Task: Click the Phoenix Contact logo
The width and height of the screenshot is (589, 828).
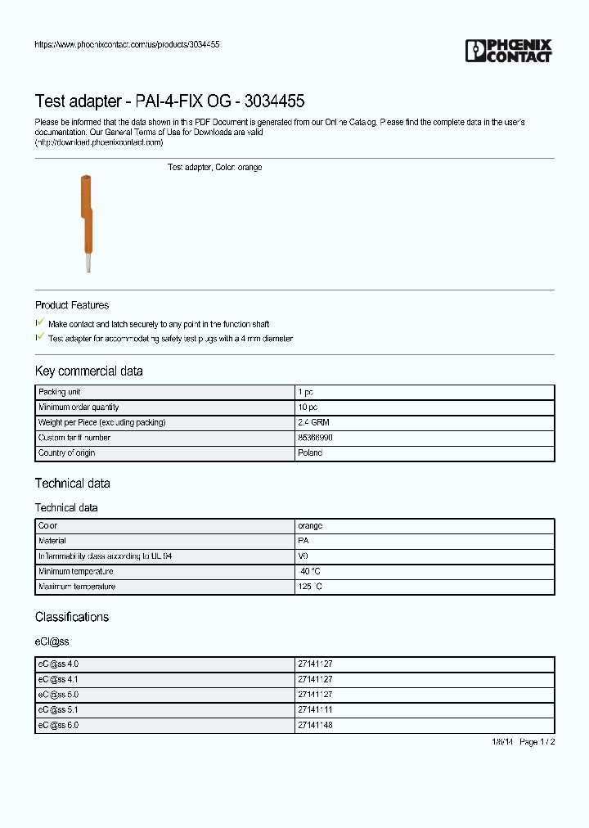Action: coord(508,51)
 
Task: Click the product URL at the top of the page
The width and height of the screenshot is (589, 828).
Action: coord(127,44)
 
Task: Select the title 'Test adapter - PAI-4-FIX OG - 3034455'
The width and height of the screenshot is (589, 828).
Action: coord(169,101)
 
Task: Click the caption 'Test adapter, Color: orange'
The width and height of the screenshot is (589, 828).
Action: coord(214,167)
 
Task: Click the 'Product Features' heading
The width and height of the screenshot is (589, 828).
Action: coord(72,305)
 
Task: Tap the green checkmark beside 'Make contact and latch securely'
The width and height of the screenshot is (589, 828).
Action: coord(40,323)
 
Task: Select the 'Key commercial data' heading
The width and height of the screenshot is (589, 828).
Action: coord(88,371)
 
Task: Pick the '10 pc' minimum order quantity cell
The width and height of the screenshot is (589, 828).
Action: coord(308,407)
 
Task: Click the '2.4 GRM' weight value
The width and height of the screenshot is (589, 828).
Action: coord(313,422)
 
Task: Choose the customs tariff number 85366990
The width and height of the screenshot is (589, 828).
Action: coord(315,438)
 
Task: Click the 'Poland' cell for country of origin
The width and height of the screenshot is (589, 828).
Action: coord(310,452)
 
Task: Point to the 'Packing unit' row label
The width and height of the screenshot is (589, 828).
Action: coord(60,393)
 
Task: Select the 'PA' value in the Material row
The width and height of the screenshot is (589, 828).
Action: coord(303,541)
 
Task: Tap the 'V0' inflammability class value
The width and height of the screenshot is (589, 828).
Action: coord(303,556)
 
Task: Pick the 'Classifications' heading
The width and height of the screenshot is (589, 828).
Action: coord(72,617)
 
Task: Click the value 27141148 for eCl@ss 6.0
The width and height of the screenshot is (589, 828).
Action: coord(316,725)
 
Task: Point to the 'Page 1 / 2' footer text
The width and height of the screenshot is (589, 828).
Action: coord(537,741)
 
